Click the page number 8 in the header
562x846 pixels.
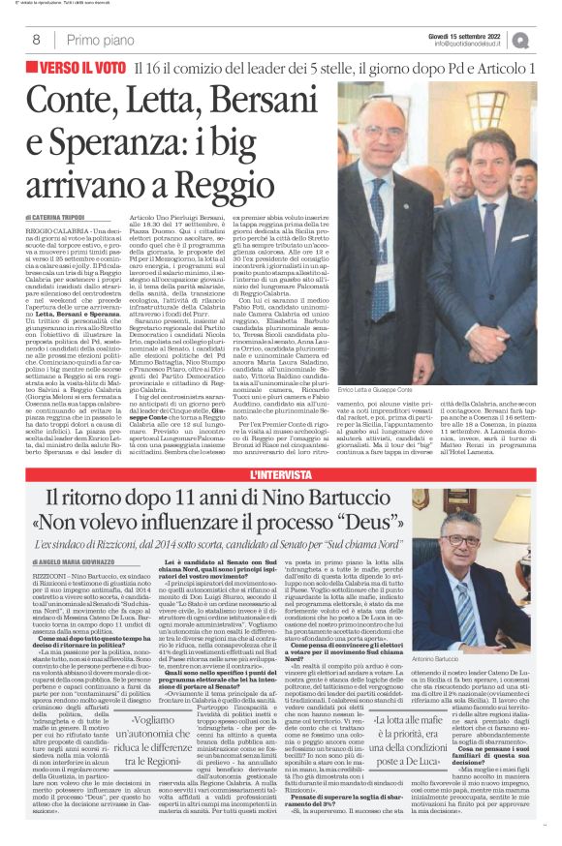pyautogui.click(x=36, y=40)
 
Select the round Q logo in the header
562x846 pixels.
pyautogui.click(x=546, y=40)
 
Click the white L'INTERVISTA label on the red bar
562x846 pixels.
pyautogui.click(x=281, y=475)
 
